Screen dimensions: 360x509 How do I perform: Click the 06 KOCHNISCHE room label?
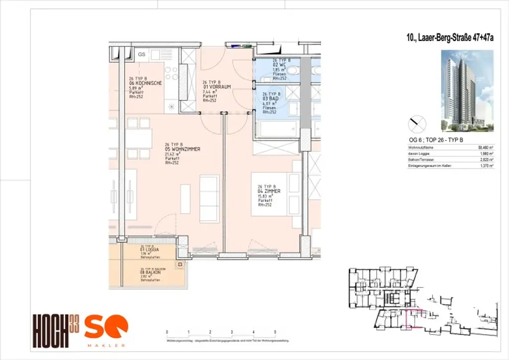pyautogui.click(x=145, y=84)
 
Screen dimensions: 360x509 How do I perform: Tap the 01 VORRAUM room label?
pyautogui.click(x=213, y=87)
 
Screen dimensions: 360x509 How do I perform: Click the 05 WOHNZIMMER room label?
pyautogui.click(x=182, y=149)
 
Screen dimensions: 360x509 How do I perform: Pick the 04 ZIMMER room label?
pyautogui.click(x=269, y=191)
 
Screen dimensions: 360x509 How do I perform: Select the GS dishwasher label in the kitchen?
pyautogui.click(x=141, y=54)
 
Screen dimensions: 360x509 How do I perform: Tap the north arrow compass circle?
pyautogui.click(x=417, y=123)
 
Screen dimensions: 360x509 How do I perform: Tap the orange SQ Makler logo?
pyautogui.click(x=105, y=329)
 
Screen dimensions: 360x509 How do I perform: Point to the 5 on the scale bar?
pyautogui.click(x=275, y=331)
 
